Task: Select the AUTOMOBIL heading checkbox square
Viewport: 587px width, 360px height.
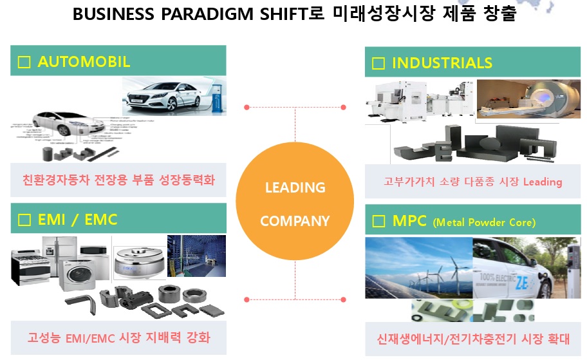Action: click(24, 62)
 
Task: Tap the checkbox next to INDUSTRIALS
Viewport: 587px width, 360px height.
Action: click(378, 63)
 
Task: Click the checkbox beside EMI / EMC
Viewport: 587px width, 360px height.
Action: click(24, 220)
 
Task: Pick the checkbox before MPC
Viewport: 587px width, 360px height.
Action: click(378, 222)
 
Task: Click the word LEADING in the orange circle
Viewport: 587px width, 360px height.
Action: click(295, 188)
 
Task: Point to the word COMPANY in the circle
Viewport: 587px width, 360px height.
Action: click(295, 222)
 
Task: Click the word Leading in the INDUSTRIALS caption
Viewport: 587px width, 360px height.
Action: click(542, 182)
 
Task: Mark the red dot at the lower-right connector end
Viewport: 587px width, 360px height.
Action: click(344, 299)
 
